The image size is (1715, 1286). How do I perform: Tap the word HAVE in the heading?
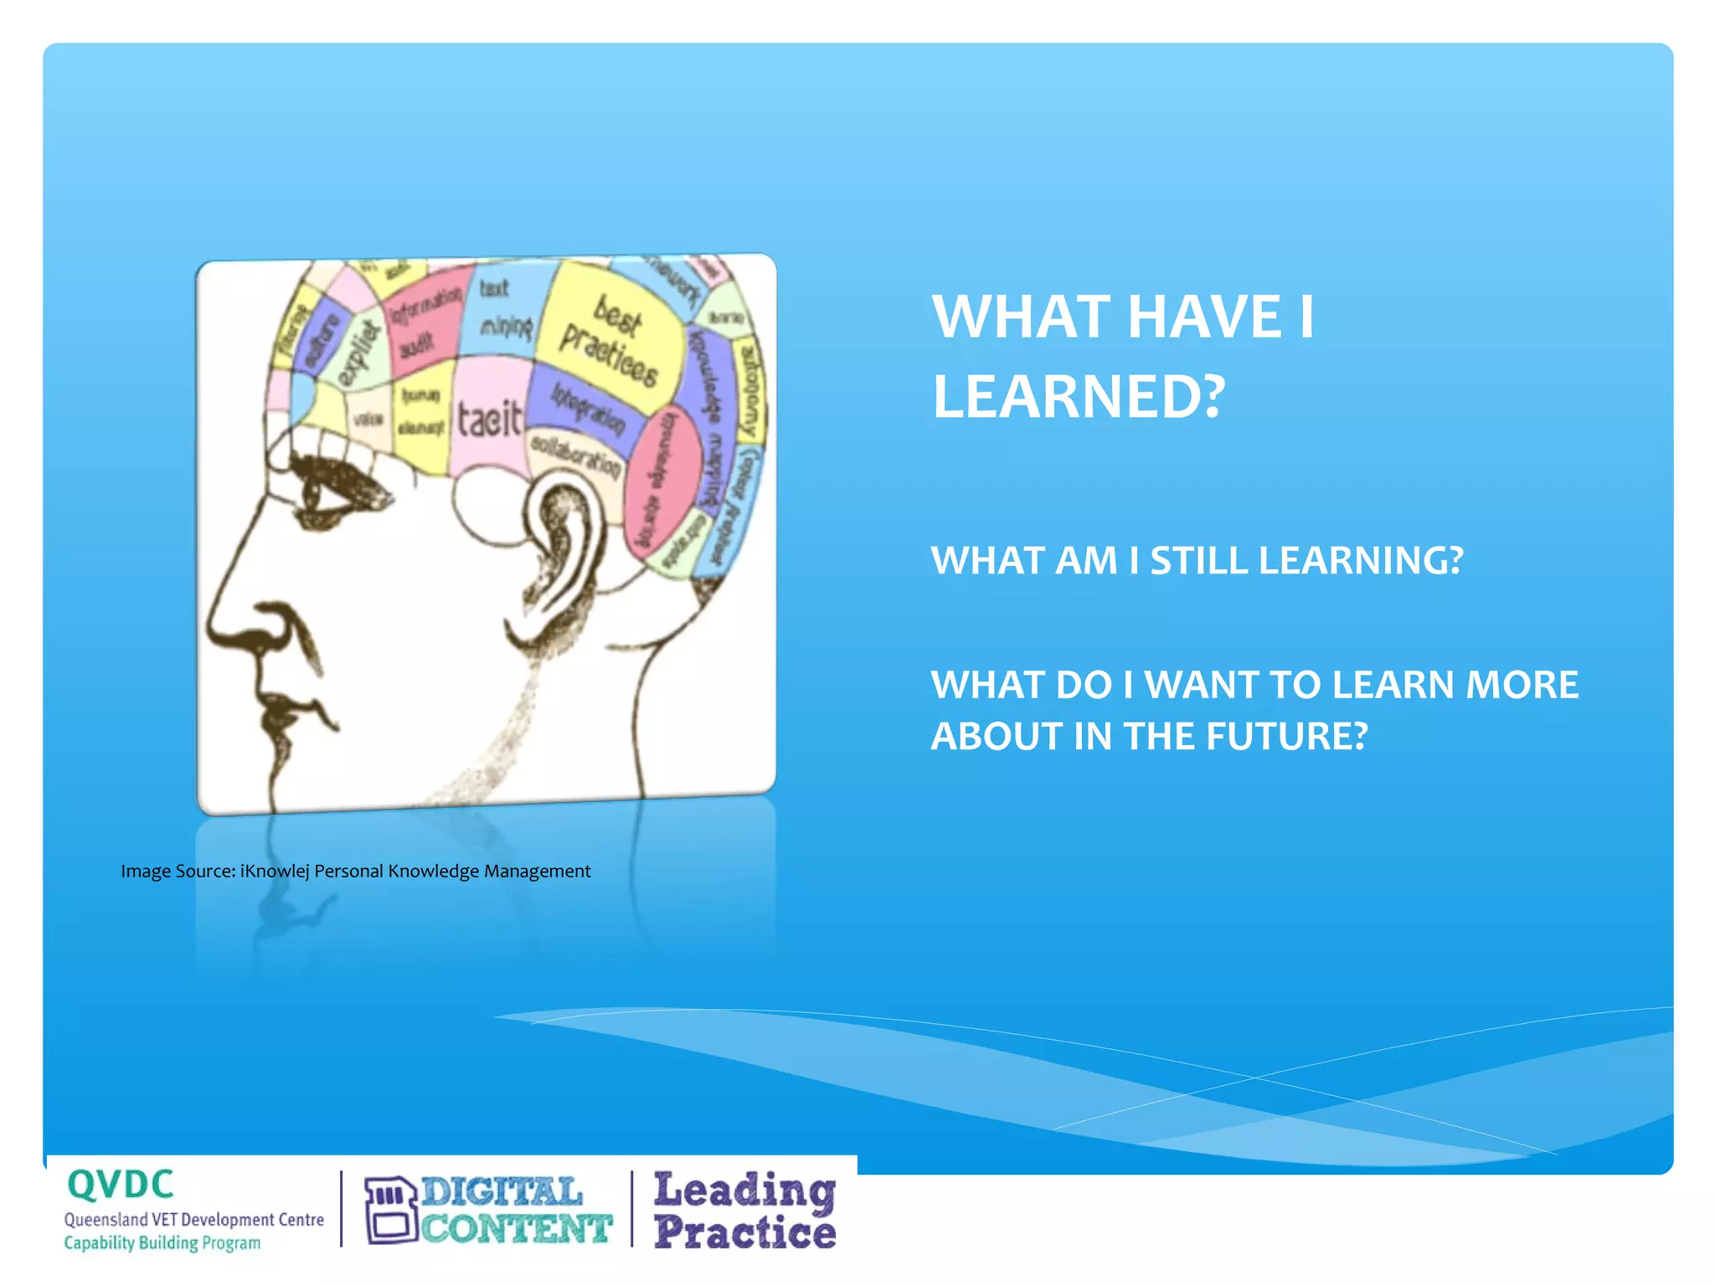click(1204, 316)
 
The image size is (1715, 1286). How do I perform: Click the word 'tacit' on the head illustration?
click(489, 419)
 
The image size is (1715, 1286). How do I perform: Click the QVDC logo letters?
click(121, 1185)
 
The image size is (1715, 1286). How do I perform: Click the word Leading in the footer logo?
click(744, 1191)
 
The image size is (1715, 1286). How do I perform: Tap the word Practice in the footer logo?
click(744, 1232)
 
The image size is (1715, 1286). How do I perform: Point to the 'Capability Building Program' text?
click(162, 1243)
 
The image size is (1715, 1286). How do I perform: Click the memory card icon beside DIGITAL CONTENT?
click(390, 1210)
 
